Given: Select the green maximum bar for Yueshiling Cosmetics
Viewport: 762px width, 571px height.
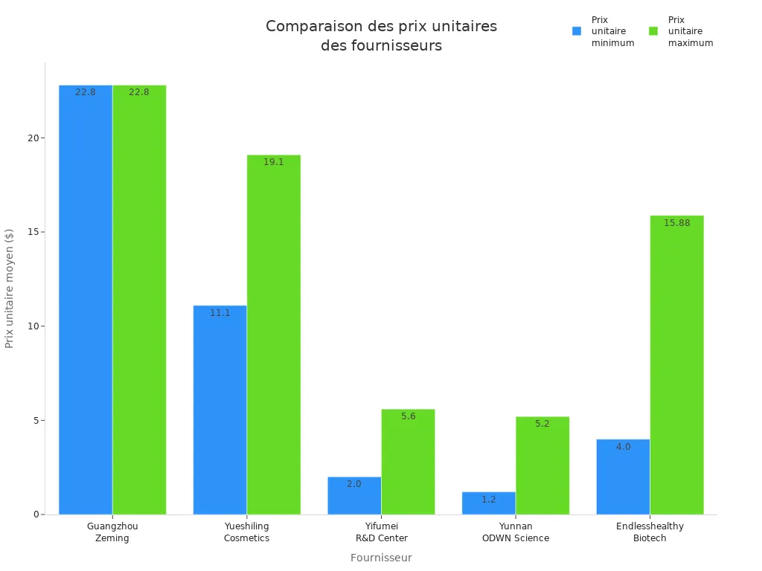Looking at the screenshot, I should [274, 335].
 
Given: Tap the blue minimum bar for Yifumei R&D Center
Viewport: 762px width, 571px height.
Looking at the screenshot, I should [354, 496].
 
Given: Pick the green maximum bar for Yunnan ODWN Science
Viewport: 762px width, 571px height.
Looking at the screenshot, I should [542, 465].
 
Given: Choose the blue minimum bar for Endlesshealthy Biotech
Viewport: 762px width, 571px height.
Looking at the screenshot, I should [623, 477].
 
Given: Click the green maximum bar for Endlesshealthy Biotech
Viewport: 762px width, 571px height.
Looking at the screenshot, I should [676, 364].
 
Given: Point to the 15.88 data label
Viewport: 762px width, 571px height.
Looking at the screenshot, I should [676, 223].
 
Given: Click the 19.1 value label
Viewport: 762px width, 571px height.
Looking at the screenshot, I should [274, 162].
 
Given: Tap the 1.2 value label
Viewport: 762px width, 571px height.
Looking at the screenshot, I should [488, 500].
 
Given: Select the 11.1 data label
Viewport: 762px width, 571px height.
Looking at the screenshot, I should [220, 313].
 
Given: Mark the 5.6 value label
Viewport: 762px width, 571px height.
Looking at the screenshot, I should [409, 416].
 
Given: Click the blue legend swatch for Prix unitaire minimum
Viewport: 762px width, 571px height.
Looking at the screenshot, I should [577, 31].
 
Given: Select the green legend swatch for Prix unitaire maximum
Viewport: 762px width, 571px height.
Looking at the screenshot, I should [653, 31].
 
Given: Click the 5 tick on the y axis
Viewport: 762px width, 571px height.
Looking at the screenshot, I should [35, 421].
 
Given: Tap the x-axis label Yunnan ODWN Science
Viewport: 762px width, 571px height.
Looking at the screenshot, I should [515, 532].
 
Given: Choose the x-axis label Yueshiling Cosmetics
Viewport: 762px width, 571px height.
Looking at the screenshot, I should [246, 532].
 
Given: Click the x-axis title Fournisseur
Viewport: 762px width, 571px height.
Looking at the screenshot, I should [381, 558].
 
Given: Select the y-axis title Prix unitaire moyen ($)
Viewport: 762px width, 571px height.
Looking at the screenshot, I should [10, 288].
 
